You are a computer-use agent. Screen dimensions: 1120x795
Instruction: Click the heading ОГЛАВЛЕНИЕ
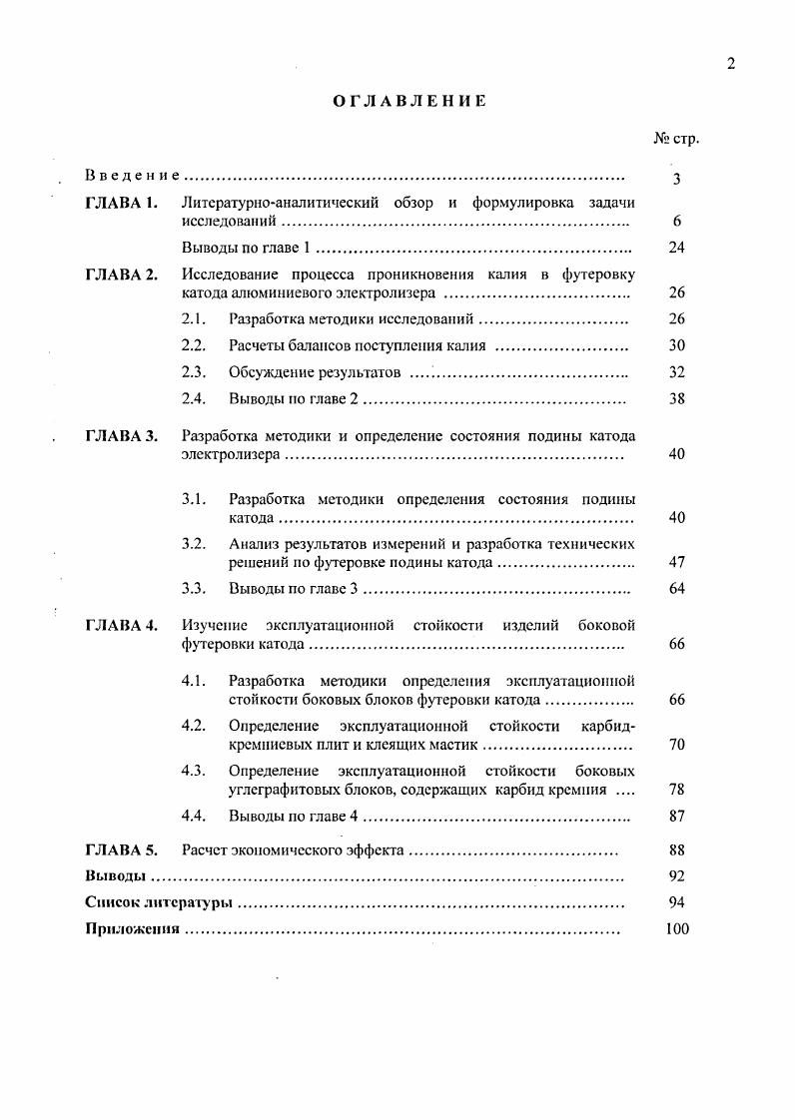click(x=409, y=101)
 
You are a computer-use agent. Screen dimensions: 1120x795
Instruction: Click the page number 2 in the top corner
click(x=731, y=64)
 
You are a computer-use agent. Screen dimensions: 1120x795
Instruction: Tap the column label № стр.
click(x=676, y=139)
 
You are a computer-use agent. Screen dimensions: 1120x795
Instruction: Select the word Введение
click(x=132, y=176)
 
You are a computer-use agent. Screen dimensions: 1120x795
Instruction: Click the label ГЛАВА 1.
click(x=122, y=204)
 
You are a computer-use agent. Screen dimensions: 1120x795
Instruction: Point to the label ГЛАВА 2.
click(x=122, y=275)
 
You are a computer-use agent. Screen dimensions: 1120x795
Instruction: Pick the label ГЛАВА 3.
click(x=122, y=436)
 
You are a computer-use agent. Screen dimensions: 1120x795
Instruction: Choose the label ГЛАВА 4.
click(x=122, y=626)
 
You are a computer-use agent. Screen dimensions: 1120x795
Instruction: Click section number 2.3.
click(x=194, y=372)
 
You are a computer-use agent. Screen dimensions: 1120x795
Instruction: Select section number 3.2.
click(x=194, y=544)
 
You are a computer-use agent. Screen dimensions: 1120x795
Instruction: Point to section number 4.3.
click(x=194, y=771)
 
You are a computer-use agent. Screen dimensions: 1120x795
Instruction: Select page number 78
click(x=676, y=790)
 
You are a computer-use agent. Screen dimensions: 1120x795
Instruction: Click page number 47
click(x=676, y=563)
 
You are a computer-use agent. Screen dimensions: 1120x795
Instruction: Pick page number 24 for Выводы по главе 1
click(x=676, y=248)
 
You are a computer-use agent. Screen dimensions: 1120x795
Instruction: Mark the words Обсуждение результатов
click(x=315, y=372)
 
